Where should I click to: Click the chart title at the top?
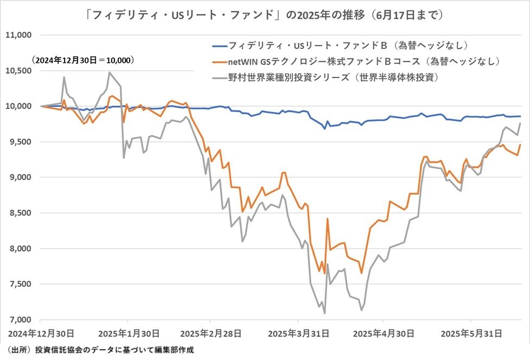coord(265,15)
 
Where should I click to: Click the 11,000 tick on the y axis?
coord(18,35)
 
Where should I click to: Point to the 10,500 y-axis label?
coord(18,71)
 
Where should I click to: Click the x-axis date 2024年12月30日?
coord(42,332)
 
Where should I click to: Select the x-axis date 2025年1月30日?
coord(128,332)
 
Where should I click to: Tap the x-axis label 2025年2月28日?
coord(213,332)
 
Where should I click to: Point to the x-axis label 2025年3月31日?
coord(298,332)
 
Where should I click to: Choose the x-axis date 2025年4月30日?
coord(384,332)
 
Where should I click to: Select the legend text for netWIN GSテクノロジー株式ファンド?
coord(363,62)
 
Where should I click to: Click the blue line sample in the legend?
coord(219,46)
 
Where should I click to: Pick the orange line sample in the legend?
coord(219,62)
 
